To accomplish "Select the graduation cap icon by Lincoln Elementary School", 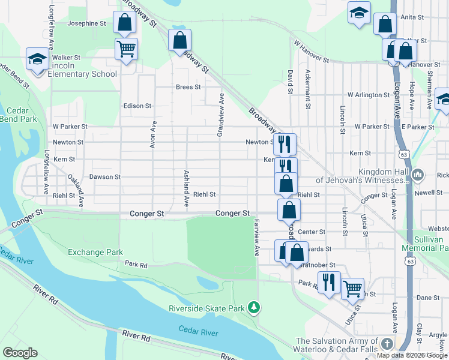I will pos(37,59).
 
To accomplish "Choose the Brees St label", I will pos(188,87).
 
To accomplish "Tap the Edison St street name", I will pos(137,106).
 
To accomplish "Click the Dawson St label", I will pos(105,177).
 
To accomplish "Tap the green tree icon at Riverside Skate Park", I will pos(255,308).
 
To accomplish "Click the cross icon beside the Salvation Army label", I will pos(387,344).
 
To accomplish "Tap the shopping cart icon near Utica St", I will pos(352,288).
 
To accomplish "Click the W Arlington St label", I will pos(369,95).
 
